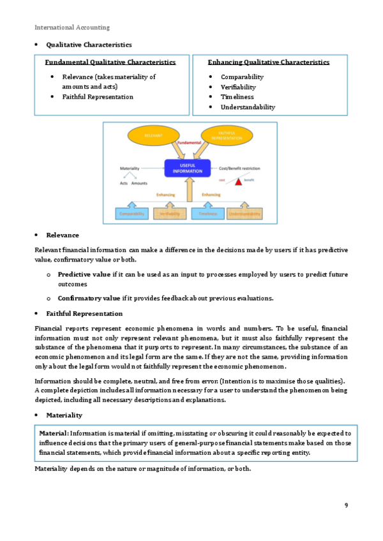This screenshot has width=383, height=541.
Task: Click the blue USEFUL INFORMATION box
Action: point(187,168)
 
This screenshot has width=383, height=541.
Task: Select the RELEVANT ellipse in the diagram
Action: point(154,136)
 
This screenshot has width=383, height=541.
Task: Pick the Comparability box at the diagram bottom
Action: point(132,214)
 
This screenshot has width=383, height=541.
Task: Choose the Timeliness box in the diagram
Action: point(208,214)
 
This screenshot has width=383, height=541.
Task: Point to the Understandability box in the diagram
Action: point(245,214)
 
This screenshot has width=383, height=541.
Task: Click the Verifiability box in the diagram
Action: point(169,214)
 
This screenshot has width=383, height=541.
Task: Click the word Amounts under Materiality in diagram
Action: point(139,183)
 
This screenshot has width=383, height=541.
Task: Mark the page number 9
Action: point(346,505)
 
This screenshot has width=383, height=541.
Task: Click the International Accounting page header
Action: point(71,27)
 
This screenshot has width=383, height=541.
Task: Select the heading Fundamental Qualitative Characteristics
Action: point(110,63)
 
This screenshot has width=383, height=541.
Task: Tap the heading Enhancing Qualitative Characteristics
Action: point(269,63)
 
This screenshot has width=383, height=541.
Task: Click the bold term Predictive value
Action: point(84,274)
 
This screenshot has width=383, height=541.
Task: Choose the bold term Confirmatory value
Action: point(89,298)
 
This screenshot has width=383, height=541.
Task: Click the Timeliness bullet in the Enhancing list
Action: point(237,97)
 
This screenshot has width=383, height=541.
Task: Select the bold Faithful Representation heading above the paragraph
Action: point(84,314)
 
